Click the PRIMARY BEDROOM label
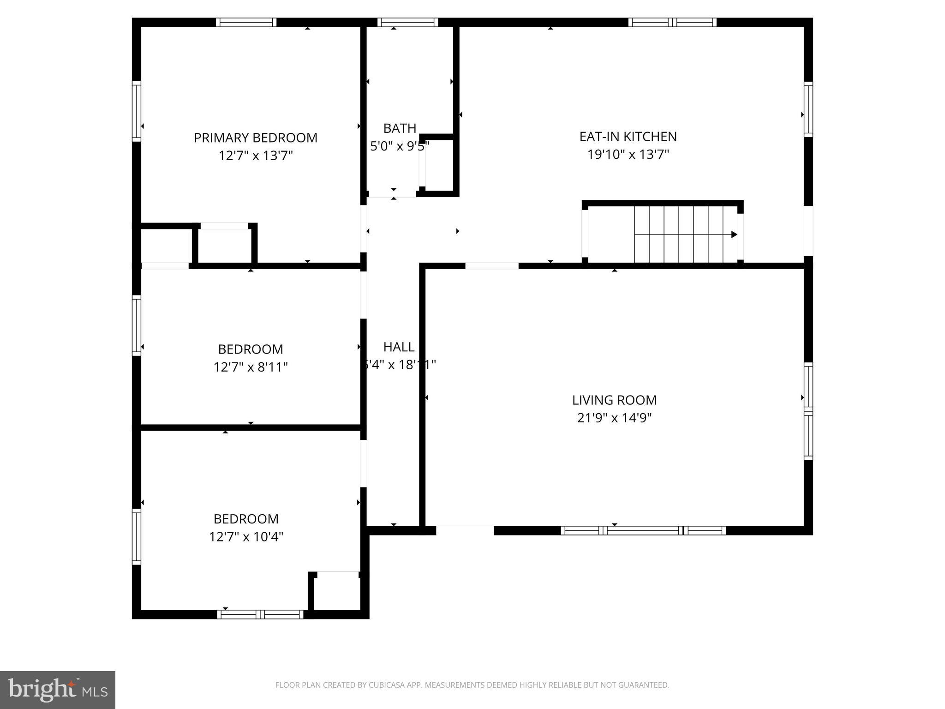[x=255, y=138]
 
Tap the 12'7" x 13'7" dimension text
[x=255, y=156]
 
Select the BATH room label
[x=400, y=128]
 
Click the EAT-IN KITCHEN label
[x=628, y=137]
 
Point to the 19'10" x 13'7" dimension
[x=628, y=154]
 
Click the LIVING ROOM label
[x=614, y=400]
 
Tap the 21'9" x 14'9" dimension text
[x=614, y=418]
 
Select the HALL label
[x=399, y=347]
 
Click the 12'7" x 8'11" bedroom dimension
[x=251, y=367]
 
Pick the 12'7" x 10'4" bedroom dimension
[x=246, y=537]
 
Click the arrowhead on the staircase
[x=734, y=234]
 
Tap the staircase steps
[x=678, y=234]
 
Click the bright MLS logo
[x=58, y=690]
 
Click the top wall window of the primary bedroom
[x=246, y=22]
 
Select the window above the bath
[x=407, y=22]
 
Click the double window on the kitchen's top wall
[x=672, y=22]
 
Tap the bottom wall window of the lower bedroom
[x=260, y=614]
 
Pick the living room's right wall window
[x=808, y=411]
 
